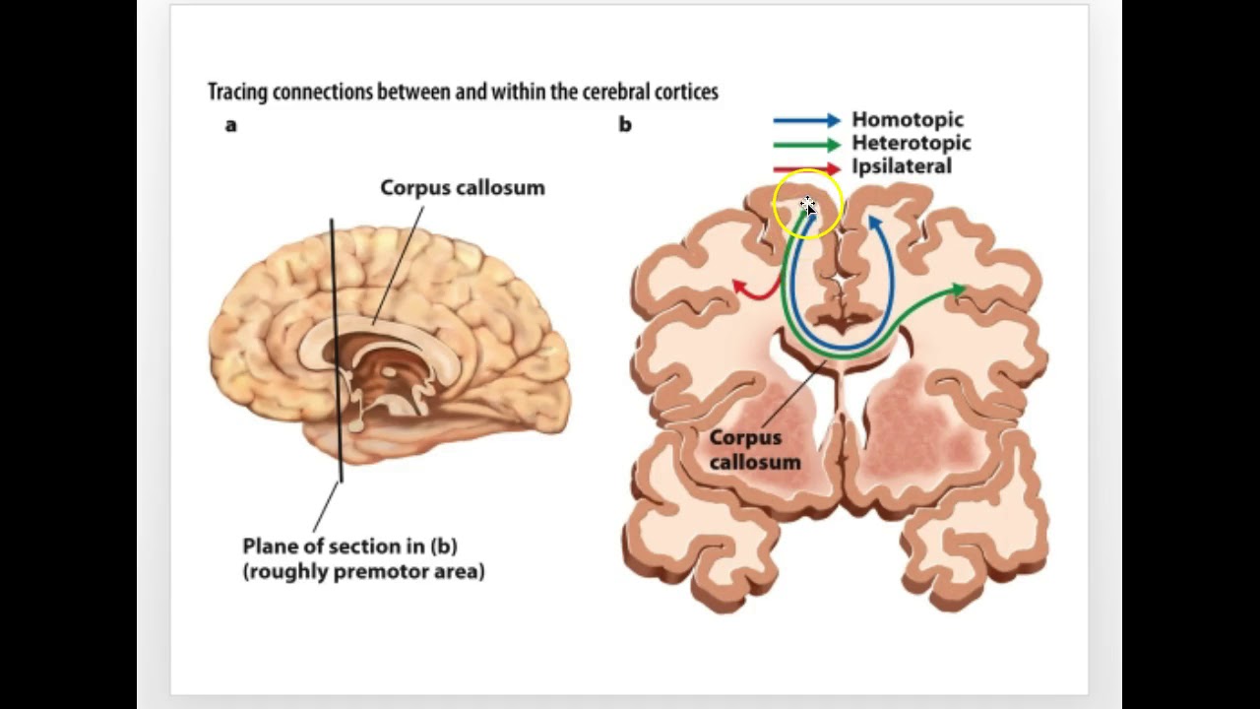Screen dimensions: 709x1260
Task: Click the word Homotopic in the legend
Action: tap(908, 120)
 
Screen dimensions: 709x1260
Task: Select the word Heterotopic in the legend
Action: tap(912, 143)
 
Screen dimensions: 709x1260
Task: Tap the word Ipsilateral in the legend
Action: tap(902, 166)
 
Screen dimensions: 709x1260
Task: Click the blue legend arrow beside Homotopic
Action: tap(806, 120)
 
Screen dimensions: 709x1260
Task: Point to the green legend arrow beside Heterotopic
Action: tap(806, 144)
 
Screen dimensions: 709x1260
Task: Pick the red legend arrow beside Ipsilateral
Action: tap(806, 168)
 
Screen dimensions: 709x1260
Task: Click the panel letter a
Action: tap(231, 125)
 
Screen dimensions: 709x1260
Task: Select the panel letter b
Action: tap(625, 125)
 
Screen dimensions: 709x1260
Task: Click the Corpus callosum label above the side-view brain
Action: tap(463, 188)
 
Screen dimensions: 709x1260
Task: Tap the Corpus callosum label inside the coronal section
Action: tap(755, 449)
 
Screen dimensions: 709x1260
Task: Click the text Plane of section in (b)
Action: tap(349, 546)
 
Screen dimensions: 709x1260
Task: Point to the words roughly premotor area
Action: tap(363, 571)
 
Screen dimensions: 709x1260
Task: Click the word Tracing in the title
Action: tap(236, 93)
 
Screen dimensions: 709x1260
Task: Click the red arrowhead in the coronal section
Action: tap(740, 287)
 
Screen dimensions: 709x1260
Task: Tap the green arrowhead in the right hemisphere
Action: tap(958, 290)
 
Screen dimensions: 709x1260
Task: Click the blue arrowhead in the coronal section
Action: tap(873, 224)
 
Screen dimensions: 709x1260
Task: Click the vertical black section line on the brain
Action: tap(336, 345)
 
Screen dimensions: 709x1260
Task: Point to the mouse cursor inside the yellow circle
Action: tap(808, 206)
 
